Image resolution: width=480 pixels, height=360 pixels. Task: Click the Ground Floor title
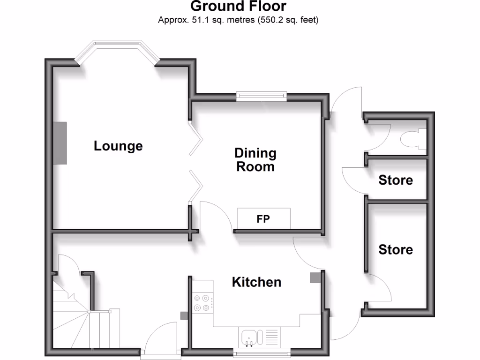[238, 7]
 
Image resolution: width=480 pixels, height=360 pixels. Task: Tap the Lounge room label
[118, 146]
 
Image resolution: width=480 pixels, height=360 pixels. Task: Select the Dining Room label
[255, 160]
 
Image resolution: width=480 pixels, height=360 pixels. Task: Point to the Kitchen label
[257, 282]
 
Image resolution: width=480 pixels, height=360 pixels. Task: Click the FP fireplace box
[263, 218]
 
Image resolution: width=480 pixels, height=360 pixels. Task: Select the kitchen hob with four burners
[202, 302]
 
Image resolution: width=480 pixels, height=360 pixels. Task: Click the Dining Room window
[262, 96]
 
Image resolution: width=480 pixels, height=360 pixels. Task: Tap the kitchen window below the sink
[262, 352]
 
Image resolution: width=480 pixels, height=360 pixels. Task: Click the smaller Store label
[396, 180]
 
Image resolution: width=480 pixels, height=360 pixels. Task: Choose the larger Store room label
[396, 249]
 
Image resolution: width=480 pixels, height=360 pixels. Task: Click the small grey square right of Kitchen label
[314, 277]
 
